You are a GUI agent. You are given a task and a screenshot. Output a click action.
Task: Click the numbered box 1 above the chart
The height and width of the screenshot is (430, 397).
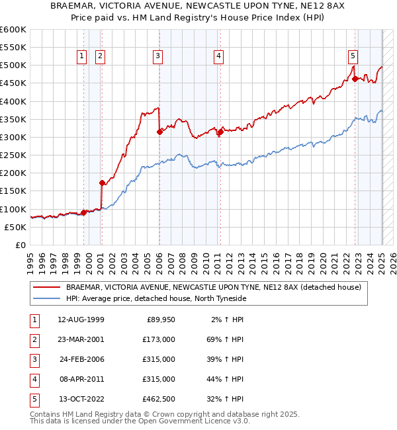[81, 56]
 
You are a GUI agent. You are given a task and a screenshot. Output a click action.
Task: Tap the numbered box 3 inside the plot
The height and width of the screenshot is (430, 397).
[158, 56]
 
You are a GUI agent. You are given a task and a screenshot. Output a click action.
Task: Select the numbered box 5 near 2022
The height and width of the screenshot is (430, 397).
[353, 56]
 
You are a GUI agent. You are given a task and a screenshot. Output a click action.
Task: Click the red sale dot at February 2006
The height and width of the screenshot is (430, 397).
[159, 132]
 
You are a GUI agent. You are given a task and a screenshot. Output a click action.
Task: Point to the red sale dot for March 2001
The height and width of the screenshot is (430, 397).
[102, 183]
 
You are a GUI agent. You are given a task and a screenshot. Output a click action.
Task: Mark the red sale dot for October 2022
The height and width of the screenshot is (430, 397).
[355, 79]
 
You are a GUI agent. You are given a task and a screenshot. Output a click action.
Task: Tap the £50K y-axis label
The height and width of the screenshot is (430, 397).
[16, 227]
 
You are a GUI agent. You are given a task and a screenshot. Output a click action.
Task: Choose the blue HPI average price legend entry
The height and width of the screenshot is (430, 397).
[155, 299]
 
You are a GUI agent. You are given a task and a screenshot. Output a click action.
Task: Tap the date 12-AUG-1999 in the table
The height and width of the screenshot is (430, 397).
[81, 320]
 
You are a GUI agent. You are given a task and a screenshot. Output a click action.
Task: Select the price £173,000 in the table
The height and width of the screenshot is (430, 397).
[159, 339]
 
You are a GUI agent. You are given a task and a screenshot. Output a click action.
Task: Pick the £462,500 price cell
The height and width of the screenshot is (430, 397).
[159, 399]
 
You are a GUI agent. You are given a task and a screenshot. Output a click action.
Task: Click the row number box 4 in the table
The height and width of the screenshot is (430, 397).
[33, 379]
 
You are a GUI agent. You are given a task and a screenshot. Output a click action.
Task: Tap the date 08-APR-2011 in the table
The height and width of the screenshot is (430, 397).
[81, 379]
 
